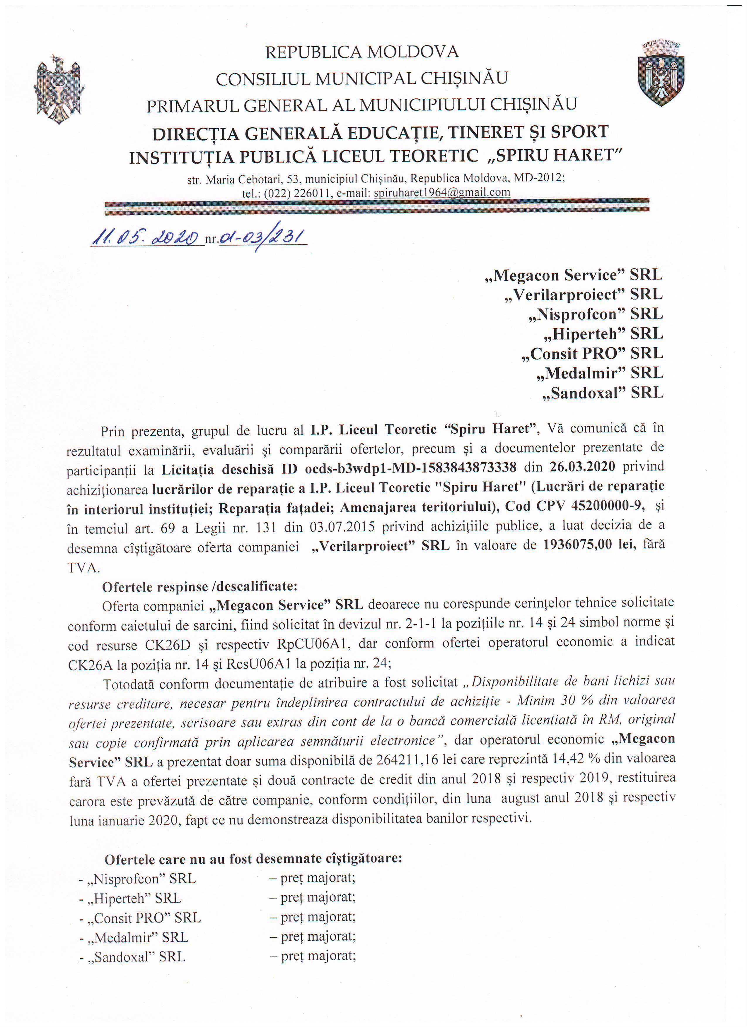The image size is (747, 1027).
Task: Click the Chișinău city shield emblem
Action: pos(661,72)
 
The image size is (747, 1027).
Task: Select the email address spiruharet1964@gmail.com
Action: pos(442,192)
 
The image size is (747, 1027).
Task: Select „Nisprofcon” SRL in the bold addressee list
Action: pos(595,314)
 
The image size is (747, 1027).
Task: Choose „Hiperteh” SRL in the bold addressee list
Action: pos(603,334)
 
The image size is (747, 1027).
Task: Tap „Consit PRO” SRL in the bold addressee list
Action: pos(592,353)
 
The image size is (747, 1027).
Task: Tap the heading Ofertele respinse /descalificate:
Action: pos(200,586)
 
